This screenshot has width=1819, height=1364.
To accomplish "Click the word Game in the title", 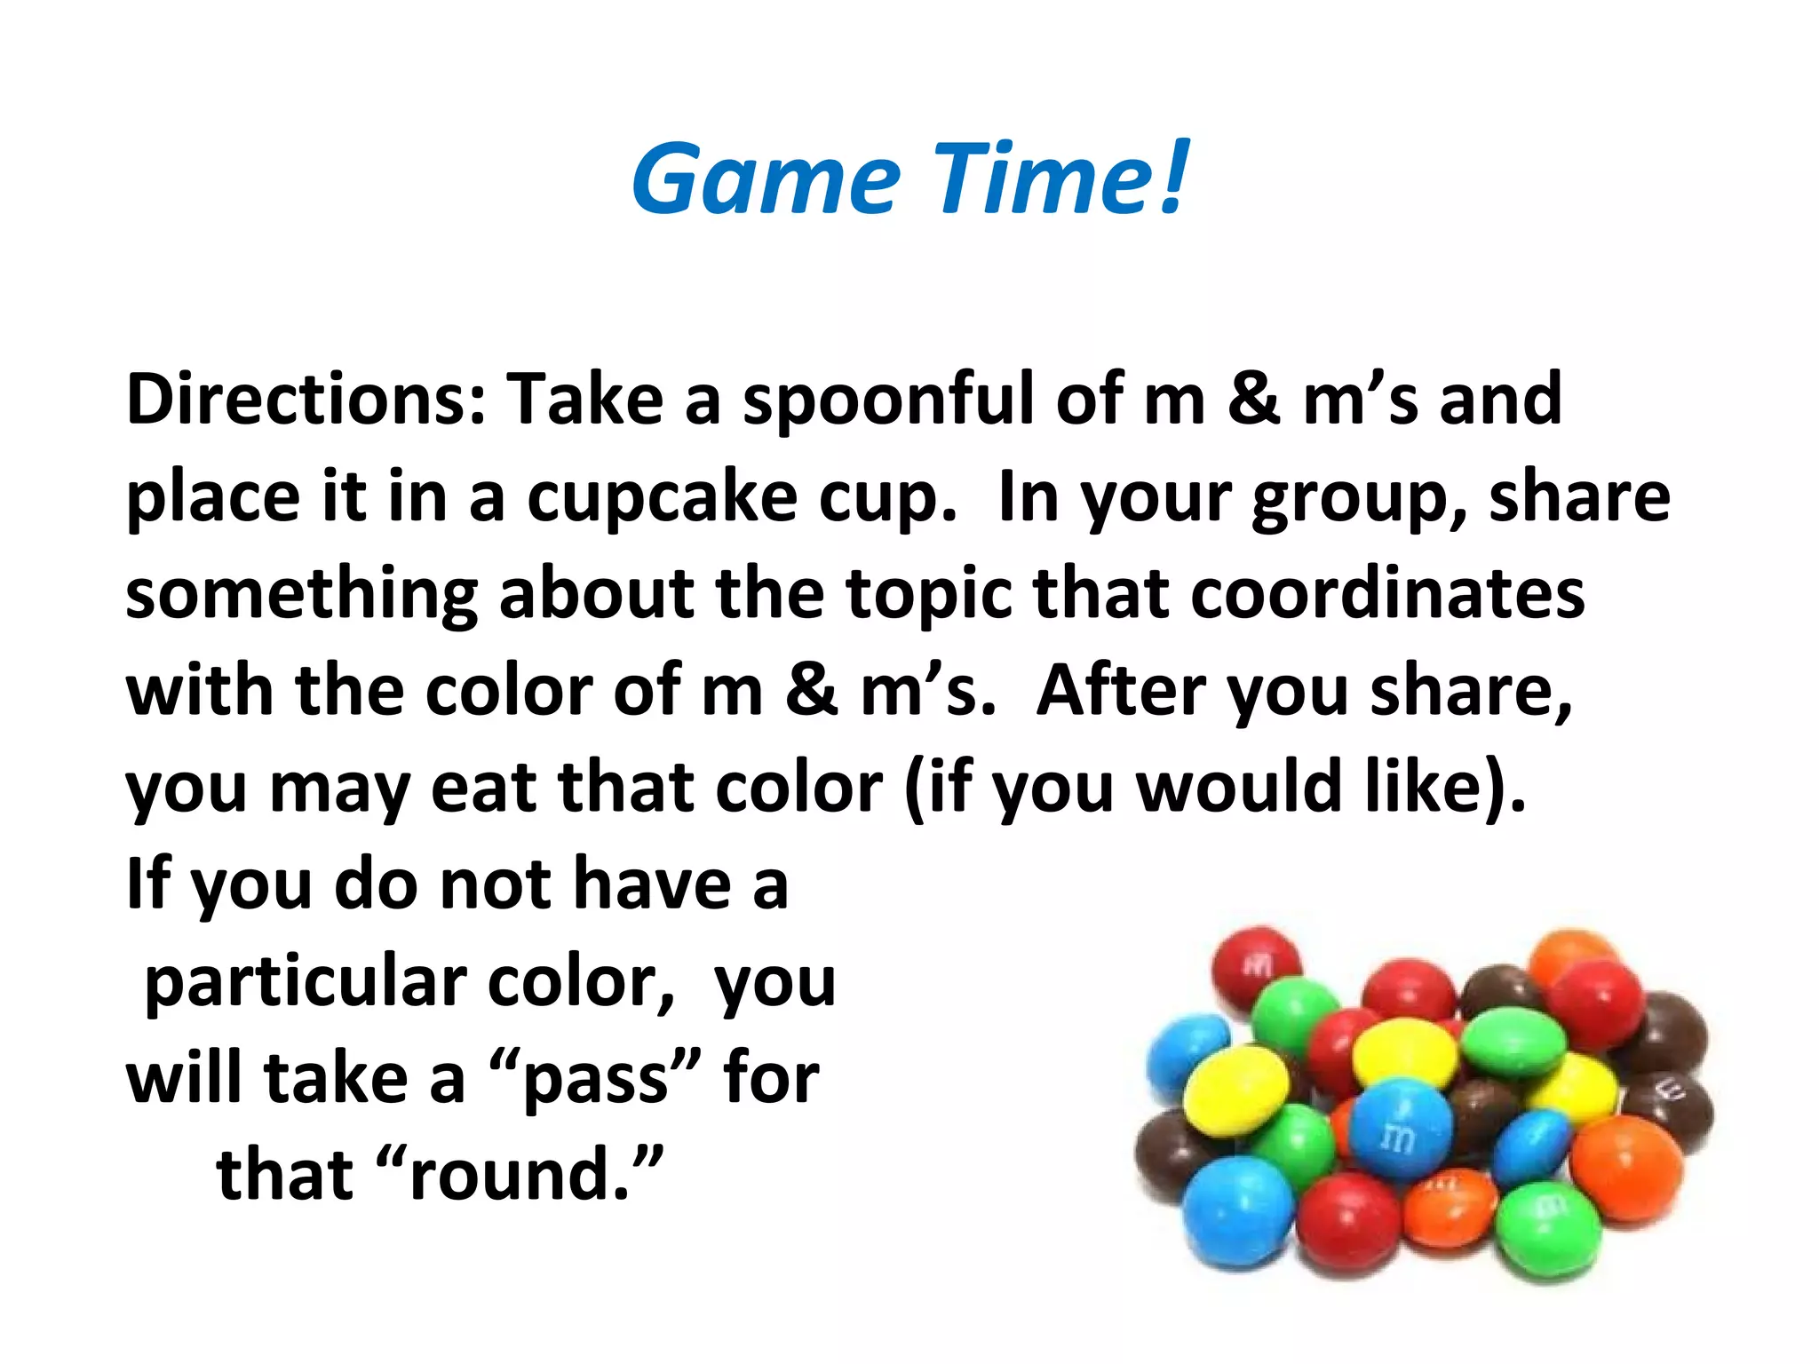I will pos(766,179).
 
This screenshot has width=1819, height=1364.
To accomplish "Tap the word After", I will pos(1121,691).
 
